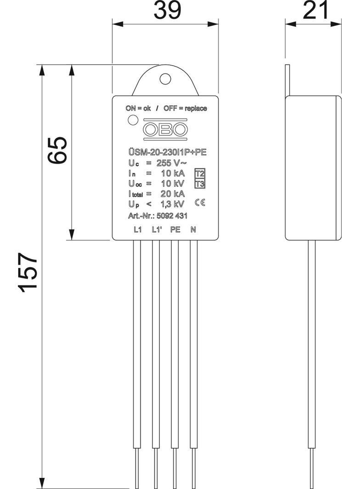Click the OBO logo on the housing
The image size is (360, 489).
(x=166, y=130)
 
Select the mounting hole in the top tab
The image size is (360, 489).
(x=165, y=78)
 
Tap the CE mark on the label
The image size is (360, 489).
(x=200, y=202)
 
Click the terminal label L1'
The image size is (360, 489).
(x=156, y=230)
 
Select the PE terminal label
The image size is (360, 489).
(x=175, y=230)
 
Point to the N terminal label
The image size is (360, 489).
(x=193, y=230)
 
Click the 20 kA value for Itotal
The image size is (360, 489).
(x=173, y=194)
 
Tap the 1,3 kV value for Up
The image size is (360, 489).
(x=173, y=204)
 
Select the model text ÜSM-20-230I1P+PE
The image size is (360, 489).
(x=166, y=153)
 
